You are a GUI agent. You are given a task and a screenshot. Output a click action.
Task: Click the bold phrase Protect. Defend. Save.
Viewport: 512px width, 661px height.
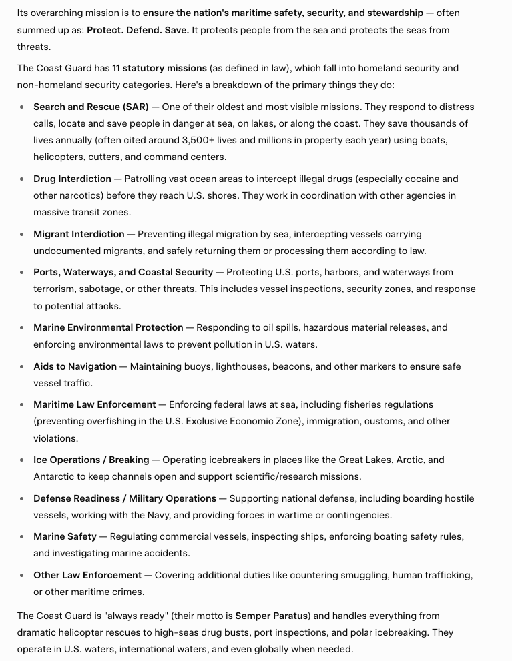pos(138,30)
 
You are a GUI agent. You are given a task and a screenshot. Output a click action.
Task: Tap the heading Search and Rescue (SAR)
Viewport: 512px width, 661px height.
pos(91,107)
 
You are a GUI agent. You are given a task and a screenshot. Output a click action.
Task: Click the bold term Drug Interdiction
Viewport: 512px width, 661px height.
pos(72,179)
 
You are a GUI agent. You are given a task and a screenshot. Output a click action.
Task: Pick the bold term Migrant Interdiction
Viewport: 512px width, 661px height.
pos(79,234)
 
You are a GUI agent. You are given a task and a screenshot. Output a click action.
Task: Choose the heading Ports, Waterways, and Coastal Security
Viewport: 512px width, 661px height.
pos(123,272)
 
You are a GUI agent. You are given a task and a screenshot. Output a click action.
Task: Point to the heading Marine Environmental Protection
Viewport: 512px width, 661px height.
pos(108,327)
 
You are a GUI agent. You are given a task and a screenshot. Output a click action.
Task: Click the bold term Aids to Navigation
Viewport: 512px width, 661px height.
pos(75,366)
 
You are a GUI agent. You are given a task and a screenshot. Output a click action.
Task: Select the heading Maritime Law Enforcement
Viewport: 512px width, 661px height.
pos(95,404)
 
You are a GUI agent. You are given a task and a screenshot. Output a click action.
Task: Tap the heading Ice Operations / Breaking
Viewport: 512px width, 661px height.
pos(91,460)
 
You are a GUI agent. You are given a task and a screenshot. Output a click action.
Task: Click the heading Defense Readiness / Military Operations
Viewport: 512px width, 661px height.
pos(125,498)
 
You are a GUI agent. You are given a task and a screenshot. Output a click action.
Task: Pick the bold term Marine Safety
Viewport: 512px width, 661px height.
pos(65,536)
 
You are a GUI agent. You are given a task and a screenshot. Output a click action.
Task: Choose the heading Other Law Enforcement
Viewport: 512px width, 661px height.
pos(87,575)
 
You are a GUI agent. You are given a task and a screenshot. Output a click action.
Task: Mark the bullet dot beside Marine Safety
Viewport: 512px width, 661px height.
pos(23,537)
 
